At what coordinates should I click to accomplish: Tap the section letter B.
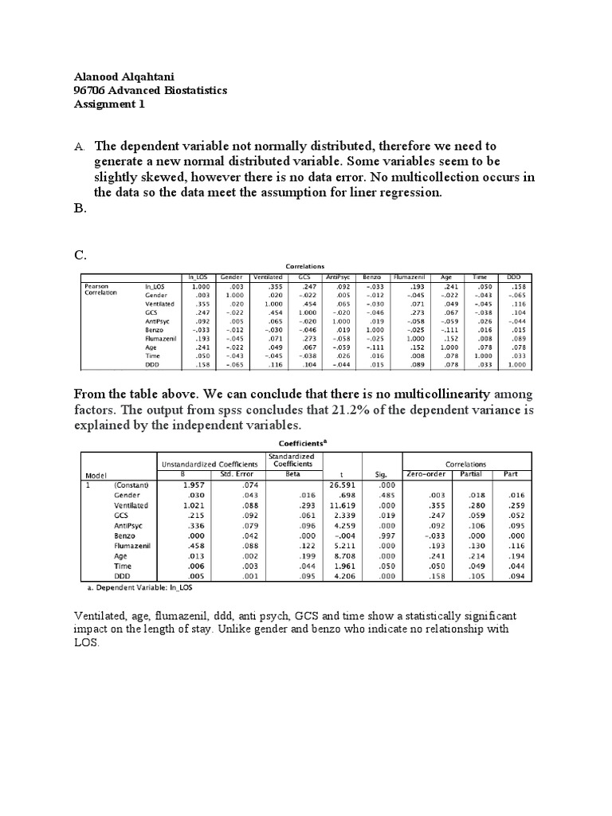(x=79, y=210)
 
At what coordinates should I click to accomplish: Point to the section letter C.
(x=80, y=255)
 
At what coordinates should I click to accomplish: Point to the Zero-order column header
(x=430, y=476)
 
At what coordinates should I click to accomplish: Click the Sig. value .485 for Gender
(x=386, y=495)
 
